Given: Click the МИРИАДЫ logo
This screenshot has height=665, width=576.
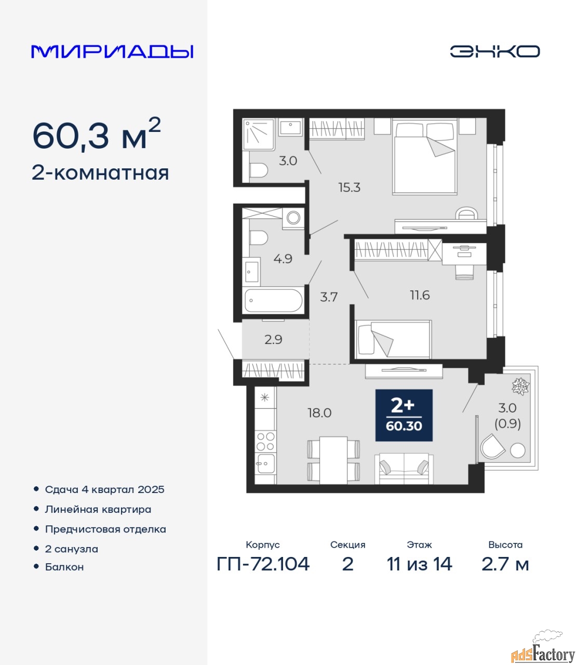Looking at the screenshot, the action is click(x=112, y=51).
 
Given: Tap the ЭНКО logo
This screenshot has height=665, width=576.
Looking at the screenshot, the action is click(x=494, y=51).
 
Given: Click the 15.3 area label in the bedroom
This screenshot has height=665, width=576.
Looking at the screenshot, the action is click(x=349, y=187).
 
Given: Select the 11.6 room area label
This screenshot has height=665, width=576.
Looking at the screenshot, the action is click(x=420, y=295).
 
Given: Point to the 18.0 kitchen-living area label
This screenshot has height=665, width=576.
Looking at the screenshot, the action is click(x=319, y=413).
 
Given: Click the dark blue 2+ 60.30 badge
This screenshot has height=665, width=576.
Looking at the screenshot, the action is click(x=404, y=415).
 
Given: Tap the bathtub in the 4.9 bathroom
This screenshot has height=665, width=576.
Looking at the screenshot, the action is click(x=273, y=301).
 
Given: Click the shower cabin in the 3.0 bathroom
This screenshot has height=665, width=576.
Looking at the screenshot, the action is click(x=259, y=135).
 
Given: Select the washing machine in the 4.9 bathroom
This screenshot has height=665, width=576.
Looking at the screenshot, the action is click(x=293, y=218).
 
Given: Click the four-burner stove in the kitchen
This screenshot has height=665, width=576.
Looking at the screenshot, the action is click(x=265, y=442).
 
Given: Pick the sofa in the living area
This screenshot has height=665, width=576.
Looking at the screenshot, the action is click(x=404, y=469).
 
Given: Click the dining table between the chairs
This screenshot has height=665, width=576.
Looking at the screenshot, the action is click(x=333, y=460).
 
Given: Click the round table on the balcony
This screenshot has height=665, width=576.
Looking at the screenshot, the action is click(x=517, y=450).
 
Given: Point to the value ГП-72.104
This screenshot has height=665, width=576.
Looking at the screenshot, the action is click(x=263, y=564).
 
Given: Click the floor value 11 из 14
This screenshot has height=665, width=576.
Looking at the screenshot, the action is click(x=420, y=564).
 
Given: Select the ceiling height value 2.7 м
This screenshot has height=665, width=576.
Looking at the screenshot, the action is click(x=505, y=564).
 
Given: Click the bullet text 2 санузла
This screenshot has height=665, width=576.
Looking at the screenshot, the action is click(x=71, y=549).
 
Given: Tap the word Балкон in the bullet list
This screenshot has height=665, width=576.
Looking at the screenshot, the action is click(x=64, y=567).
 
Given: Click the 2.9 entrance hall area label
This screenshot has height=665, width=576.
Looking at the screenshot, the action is click(x=273, y=339).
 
